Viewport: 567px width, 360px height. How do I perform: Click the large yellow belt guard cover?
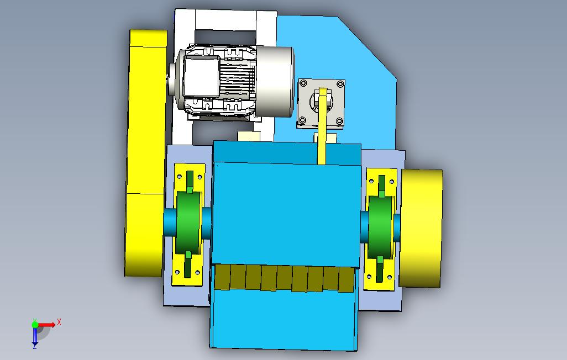(x=145, y=153)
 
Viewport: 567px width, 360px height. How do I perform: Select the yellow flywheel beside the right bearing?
(x=421, y=229)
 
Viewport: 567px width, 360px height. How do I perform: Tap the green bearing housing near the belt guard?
(x=188, y=223)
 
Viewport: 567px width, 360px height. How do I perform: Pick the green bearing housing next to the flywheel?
(x=380, y=227)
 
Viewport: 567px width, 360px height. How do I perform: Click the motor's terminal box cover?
(x=201, y=77)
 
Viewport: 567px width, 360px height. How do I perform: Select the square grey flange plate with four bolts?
(x=321, y=103)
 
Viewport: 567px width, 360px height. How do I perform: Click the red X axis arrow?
(x=47, y=325)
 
